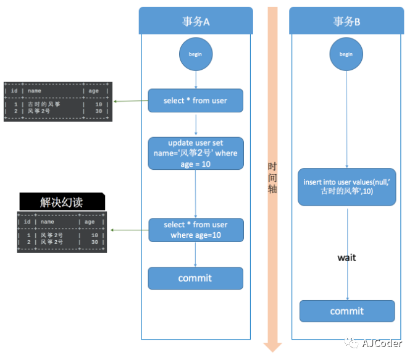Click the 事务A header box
(x=196, y=21)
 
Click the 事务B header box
(x=346, y=21)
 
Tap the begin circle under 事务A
(x=196, y=54)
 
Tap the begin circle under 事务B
(x=346, y=54)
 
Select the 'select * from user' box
(x=195, y=100)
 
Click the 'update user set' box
(x=195, y=153)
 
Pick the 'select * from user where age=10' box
(x=195, y=230)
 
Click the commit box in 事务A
(x=195, y=278)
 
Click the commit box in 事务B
(x=346, y=311)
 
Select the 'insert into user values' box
(x=346, y=187)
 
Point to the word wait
(x=346, y=257)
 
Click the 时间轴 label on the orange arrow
(x=272, y=178)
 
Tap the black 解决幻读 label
(x=62, y=202)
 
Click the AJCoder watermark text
(x=382, y=343)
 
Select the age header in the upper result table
(x=93, y=91)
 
